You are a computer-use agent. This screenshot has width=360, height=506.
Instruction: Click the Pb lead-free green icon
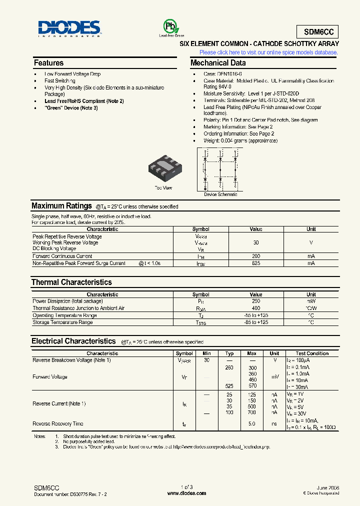coord(171,26)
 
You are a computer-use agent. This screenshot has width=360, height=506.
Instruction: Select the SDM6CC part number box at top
coord(317,32)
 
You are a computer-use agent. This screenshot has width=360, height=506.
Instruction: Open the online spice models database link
coord(268,52)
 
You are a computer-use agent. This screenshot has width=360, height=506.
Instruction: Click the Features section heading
coord(48,63)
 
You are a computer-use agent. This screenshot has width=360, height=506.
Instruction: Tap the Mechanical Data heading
coord(218,63)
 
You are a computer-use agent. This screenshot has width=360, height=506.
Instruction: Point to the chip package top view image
coord(164,165)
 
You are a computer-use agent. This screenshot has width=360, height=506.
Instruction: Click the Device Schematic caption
coord(220,194)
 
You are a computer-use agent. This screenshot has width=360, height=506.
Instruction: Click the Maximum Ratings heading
coord(61,206)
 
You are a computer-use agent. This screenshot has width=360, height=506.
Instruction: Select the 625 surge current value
coord(255,263)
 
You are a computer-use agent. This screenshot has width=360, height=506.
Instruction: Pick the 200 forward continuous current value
coord(255,256)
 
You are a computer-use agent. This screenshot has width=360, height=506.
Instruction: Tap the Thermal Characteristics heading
coord(71,282)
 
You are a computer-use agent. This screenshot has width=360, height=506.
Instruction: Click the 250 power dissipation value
coord(255,301)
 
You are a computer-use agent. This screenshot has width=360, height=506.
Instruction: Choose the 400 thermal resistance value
coord(255,308)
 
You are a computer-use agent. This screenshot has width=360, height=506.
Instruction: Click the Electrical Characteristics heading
coord(73,341)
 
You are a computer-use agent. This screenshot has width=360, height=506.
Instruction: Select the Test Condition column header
coord(312,353)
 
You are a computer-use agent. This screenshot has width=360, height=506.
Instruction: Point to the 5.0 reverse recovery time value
coord(251,424)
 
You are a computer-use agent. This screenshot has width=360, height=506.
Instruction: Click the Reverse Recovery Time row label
coord(58,424)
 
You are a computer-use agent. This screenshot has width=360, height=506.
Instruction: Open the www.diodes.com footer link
coord(186,493)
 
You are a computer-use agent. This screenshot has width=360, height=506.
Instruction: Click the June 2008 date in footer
coord(328,487)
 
